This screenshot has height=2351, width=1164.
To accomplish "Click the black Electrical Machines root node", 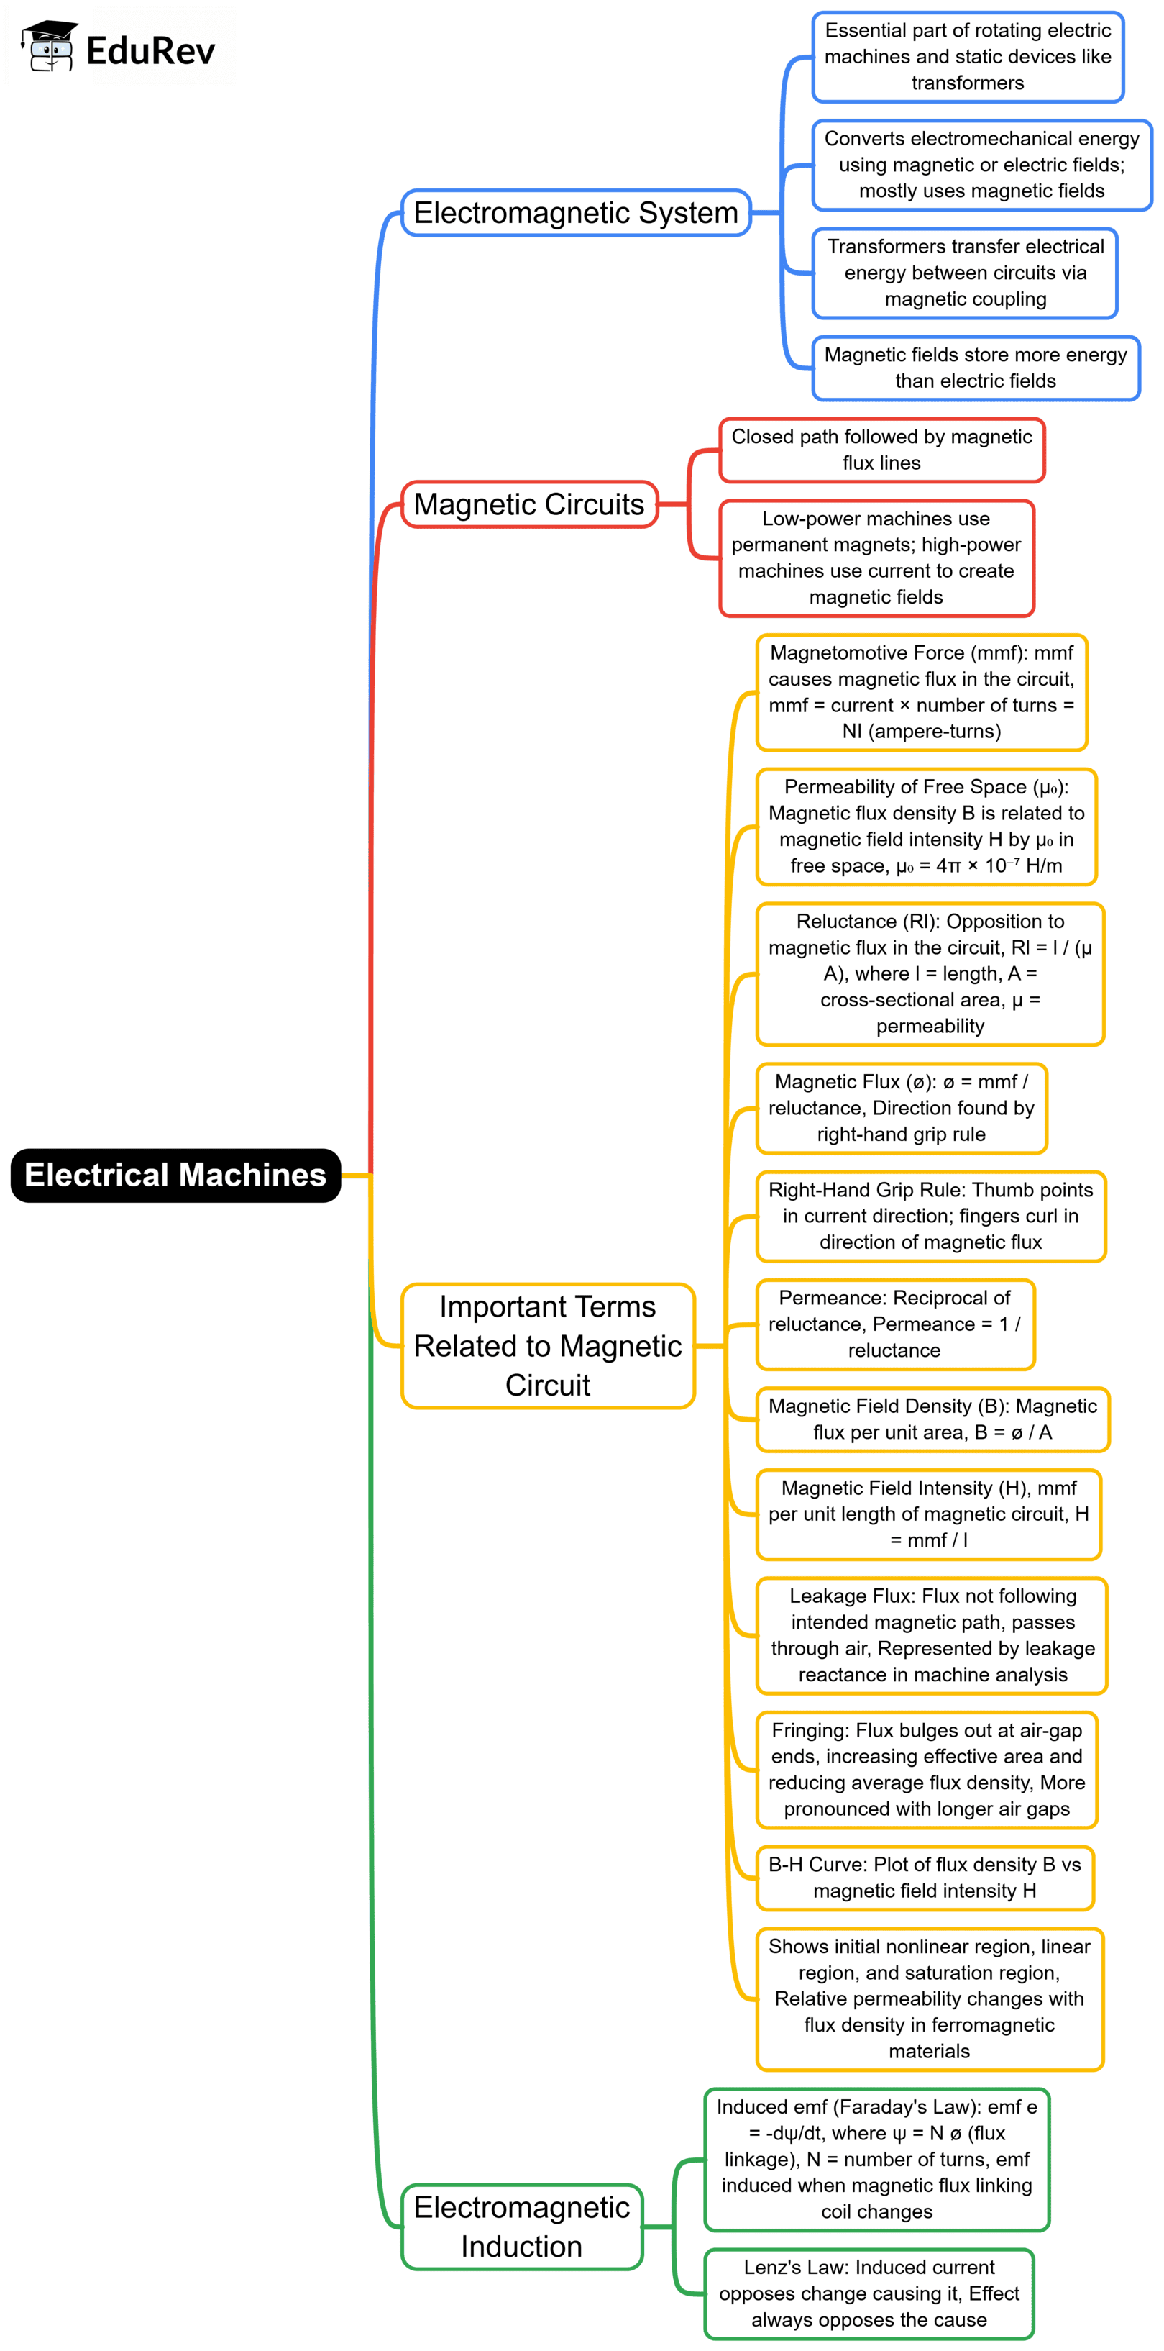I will click(x=175, y=1175).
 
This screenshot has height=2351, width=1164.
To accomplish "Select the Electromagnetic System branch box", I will click(x=576, y=213).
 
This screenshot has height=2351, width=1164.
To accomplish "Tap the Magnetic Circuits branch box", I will click(x=529, y=504).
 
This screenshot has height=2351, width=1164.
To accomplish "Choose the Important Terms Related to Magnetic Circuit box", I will click(x=547, y=1345).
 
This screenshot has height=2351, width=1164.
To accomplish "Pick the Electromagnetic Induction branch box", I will click(x=522, y=2226).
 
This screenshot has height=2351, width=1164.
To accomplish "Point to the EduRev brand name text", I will click(x=150, y=51).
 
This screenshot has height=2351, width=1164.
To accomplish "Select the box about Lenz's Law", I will click(x=869, y=2293).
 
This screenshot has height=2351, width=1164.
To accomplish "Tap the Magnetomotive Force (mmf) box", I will click(x=921, y=692).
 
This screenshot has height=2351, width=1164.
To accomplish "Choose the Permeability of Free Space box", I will click(x=926, y=826).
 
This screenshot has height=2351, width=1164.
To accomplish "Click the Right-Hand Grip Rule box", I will click(x=930, y=1216).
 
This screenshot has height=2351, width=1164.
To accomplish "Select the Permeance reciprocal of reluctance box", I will click(x=895, y=1324).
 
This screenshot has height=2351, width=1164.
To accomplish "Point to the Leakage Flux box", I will click(x=931, y=1634).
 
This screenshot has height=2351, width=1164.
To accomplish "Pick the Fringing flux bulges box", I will click(x=926, y=1769).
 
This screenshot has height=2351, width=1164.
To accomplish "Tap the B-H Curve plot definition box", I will click(x=924, y=1878).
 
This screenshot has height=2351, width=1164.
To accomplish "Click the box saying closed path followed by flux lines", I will click(x=881, y=450).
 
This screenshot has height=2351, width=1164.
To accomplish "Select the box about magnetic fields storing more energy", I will click(x=975, y=368).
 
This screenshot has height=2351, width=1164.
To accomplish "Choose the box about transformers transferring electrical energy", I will click(x=965, y=273).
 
